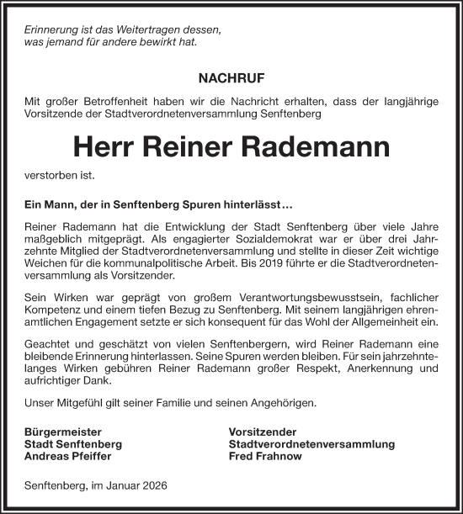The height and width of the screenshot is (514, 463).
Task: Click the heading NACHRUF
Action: coord(231,78)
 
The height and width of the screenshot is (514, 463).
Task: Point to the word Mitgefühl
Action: coord(81,404)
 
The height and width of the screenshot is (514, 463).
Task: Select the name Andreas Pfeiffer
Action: coord(67,456)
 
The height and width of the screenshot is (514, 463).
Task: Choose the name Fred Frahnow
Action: coord(266,456)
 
